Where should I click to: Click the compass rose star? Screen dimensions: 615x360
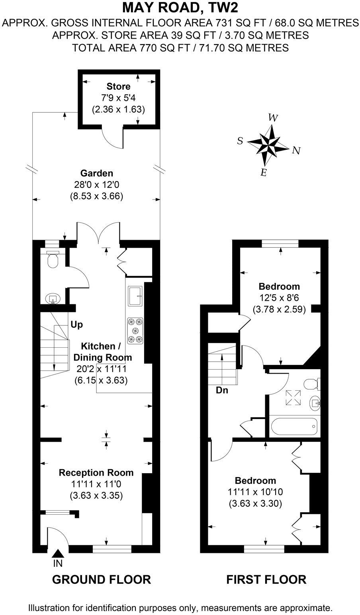coord(268,145)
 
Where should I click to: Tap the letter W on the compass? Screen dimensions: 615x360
coord(272,118)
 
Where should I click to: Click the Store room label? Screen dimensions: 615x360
coord(118,86)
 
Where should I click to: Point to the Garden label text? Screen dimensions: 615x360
coord(96,173)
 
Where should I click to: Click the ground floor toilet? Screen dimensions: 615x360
coord(52,259)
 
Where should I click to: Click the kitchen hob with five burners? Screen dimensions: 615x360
coord(135,330)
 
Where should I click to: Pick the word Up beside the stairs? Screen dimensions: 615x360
coord(76,325)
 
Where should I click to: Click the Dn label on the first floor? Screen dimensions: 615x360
coord(222,390)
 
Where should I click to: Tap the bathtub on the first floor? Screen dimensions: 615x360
coord(295,427)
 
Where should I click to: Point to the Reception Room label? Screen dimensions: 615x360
coord(96,473)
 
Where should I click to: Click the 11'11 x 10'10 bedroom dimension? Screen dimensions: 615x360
coord(255,492)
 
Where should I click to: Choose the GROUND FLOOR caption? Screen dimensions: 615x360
coord(102,579)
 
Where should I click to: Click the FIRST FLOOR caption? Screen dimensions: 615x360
coord(266,579)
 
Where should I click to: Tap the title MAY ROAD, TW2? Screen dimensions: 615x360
coord(180,7)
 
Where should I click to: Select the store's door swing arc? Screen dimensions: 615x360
coord(111,139)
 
